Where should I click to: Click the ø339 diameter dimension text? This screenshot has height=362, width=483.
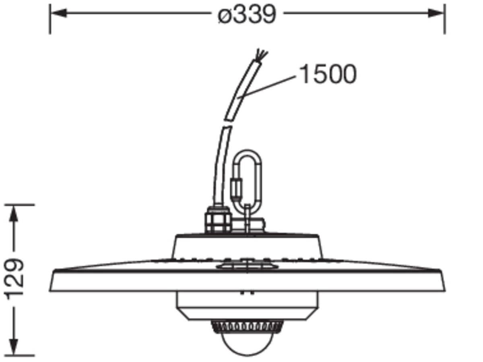(x=247, y=14)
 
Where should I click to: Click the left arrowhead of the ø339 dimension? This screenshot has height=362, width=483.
(x=58, y=13)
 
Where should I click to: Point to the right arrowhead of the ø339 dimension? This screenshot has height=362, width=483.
(x=436, y=13)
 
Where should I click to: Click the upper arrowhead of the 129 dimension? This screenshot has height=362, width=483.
(x=14, y=213)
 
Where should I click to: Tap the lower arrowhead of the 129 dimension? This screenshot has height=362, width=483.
(x=14, y=347)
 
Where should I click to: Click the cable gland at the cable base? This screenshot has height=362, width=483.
(x=218, y=219)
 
